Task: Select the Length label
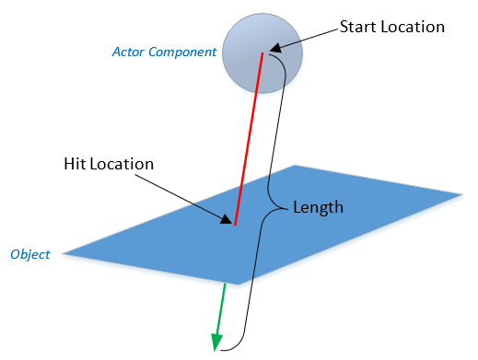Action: coord(318,208)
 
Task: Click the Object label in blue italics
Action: coord(31,253)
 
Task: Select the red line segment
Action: coord(249,138)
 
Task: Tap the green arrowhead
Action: coord(216,343)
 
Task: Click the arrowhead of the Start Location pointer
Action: coord(274,46)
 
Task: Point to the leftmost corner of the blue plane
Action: coord(64,252)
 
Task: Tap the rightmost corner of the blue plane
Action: coord(461,193)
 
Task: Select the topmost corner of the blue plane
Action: coord(295,166)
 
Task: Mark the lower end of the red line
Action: coord(236,224)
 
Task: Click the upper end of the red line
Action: coord(263,54)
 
